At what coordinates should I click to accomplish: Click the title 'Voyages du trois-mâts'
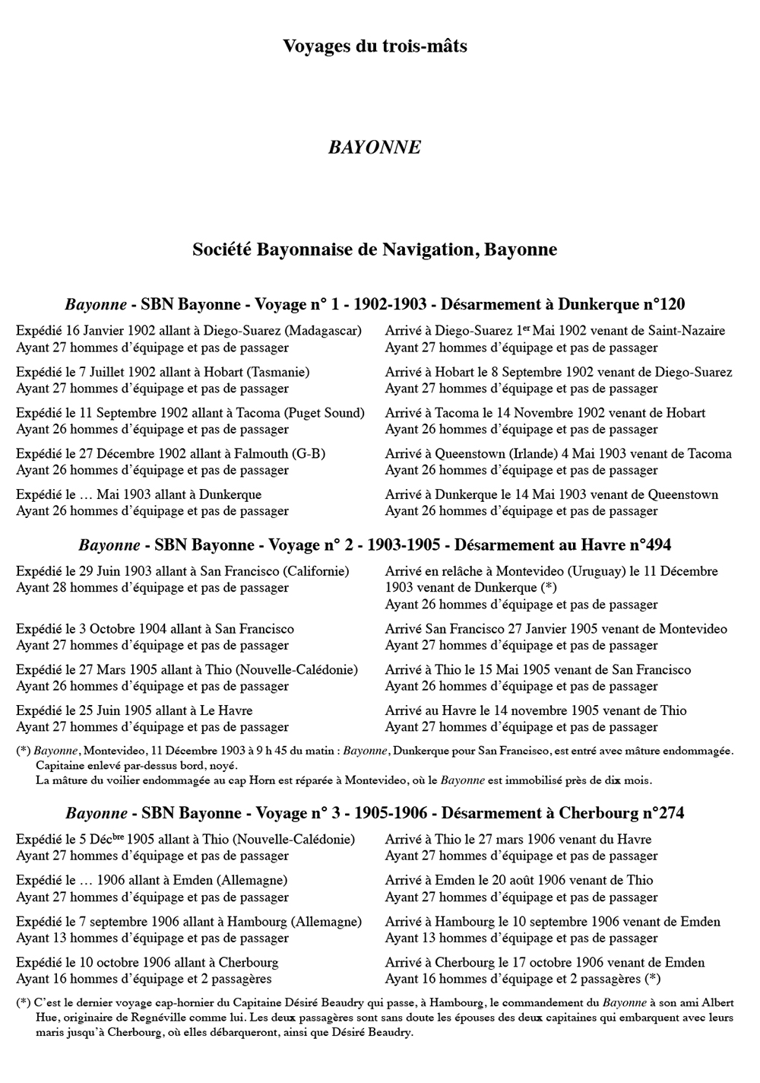(375, 46)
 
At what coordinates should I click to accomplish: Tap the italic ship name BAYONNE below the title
(375, 147)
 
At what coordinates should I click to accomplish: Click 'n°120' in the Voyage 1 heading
(660, 305)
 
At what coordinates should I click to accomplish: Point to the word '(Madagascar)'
(325, 331)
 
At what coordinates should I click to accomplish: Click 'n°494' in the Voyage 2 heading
(646, 545)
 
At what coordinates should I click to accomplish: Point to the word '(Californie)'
(313, 571)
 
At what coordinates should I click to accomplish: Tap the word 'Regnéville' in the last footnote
(142, 1019)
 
